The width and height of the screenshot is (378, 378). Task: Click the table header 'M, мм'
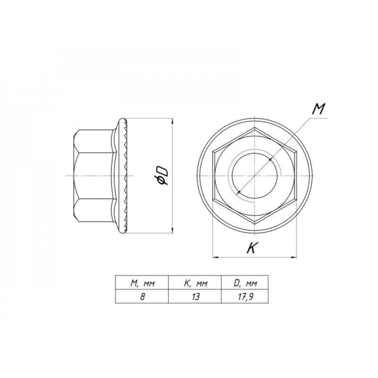[x=142, y=283]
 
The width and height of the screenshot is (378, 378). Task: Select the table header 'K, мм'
[x=195, y=283]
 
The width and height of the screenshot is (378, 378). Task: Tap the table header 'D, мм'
[x=245, y=283]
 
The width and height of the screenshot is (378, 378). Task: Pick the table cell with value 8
[x=142, y=297]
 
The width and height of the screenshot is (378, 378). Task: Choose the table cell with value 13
[x=196, y=297]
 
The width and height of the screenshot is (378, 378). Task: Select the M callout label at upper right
[x=318, y=110]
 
